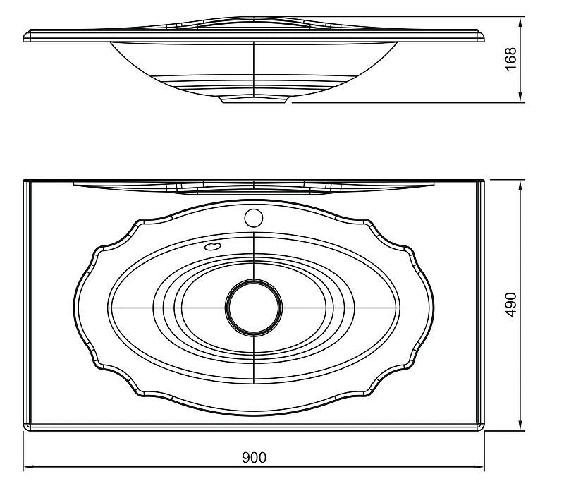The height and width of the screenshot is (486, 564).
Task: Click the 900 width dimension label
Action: [254, 457]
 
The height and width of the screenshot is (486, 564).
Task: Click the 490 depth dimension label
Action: [510, 305]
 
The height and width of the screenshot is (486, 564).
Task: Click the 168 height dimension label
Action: [510, 59]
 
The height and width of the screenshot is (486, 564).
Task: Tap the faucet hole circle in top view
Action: [254, 218]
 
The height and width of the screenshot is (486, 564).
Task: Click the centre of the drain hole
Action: [254, 308]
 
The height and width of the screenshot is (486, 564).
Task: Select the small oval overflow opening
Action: [212, 246]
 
